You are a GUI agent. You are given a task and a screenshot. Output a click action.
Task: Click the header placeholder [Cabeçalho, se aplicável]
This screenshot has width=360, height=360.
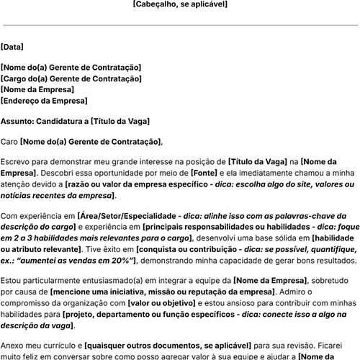(x=180, y=4)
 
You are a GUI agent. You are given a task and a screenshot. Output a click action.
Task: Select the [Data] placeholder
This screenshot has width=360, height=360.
(x=12, y=47)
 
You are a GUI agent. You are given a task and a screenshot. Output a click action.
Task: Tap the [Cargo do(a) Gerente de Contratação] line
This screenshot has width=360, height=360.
(x=71, y=78)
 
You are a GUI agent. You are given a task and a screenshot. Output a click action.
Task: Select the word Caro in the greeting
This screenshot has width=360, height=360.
(x=10, y=141)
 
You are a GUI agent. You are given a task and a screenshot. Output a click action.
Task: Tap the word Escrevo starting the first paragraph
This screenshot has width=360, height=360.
(x=17, y=163)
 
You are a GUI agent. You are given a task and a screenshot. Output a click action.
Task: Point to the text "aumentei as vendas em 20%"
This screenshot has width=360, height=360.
(x=72, y=259)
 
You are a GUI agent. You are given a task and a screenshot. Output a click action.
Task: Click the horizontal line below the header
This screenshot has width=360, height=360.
(x=180, y=25)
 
